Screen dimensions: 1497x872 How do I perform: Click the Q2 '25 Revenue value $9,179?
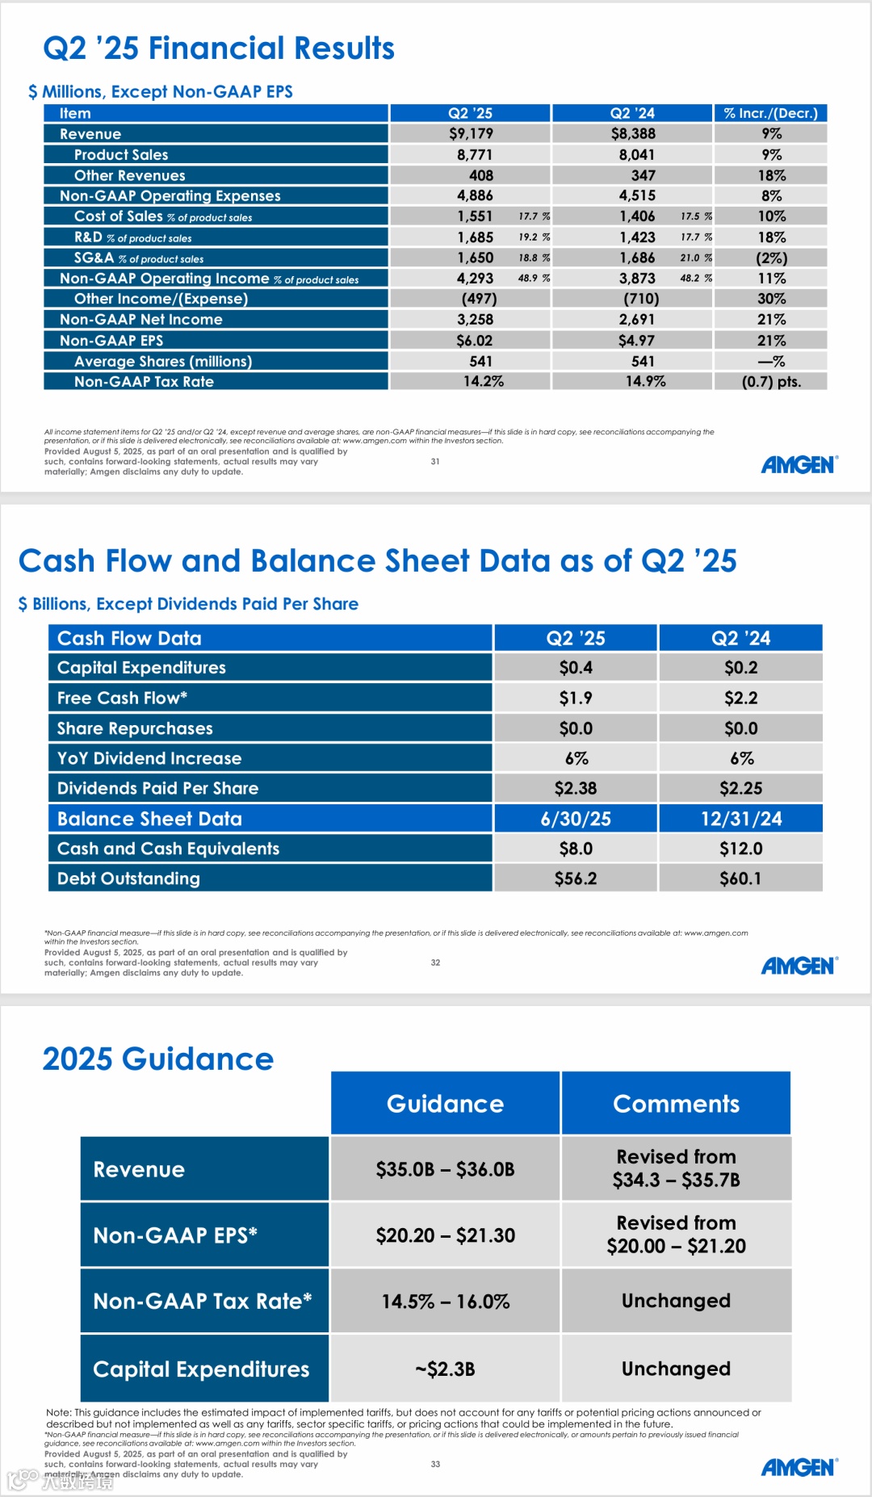point(471,134)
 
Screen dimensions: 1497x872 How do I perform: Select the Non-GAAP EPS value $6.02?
point(474,341)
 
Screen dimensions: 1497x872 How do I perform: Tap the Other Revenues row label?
point(129,176)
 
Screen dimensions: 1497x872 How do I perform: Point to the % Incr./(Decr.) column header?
point(770,114)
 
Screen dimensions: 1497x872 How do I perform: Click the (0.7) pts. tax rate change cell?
point(771,382)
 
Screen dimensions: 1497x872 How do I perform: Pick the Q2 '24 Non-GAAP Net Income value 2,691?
point(636,320)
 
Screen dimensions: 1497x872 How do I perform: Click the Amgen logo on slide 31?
point(799,465)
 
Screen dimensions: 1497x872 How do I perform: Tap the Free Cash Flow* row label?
point(122,698)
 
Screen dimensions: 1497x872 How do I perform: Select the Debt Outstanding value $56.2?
point(576,878)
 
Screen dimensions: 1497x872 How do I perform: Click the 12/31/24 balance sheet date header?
point(740,819)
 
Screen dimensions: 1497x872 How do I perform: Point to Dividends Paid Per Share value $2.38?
point(576,788)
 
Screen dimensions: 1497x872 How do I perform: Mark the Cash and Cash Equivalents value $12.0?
point(740,849)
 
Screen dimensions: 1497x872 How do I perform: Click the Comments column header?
point(676,1104)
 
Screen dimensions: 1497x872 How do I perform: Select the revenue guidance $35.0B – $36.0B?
point(445,1169)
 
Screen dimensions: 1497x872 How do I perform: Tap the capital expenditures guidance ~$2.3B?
point(445,1369)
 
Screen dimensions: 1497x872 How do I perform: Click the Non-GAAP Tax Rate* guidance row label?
point(202,1302)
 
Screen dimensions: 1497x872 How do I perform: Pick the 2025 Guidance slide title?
point(158,1059)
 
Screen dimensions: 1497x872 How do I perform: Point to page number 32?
point(435,962)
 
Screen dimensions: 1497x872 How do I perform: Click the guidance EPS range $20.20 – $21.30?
point(445,1235)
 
